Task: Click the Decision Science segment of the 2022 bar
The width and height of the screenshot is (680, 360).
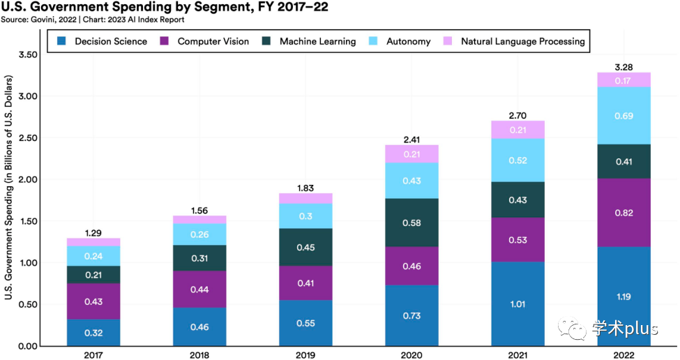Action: pos(624,297)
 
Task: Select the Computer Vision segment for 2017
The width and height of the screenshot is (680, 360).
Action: pos(93,301)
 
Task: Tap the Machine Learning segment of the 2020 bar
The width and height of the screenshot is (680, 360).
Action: pos(411,223)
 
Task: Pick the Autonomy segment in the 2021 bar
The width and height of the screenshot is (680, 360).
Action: pos(517,160)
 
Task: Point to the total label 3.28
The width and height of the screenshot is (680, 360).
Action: pos(624,66)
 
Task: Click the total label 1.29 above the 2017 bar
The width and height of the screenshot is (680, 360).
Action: pos(93,232)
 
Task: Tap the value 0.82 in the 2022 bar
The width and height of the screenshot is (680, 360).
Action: pos(624,212)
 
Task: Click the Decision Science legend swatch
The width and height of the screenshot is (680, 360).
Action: pos(62,41)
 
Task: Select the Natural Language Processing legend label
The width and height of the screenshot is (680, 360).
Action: pos(522,41)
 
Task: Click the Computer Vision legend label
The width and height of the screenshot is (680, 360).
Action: pos(213,41)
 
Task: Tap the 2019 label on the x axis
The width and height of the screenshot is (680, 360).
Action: pos(305,354)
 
